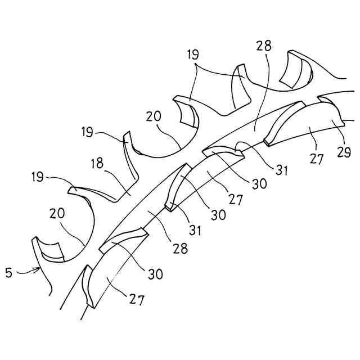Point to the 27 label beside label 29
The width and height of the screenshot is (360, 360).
(x=317, y=159)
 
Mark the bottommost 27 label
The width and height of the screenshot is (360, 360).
(x=137, y=300)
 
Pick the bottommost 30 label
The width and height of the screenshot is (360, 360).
(x=155, y=274)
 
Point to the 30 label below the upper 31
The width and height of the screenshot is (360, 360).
(x=260, y=183)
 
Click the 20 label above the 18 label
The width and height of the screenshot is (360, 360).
(x=154, y=117)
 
